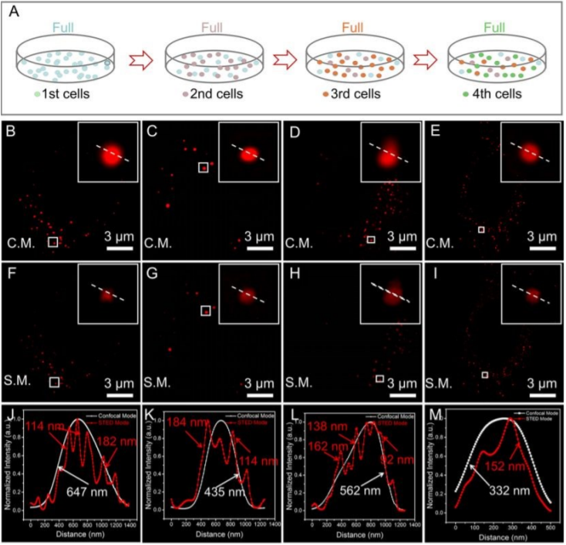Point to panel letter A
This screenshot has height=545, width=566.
point(12,11)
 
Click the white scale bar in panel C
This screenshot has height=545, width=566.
point(259,249)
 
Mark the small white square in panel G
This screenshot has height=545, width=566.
point(205,311)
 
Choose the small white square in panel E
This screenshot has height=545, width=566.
point(481,229)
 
